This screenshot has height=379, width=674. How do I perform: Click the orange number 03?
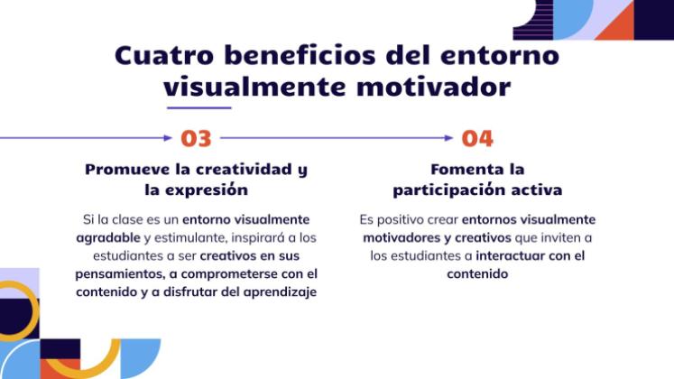(196, 138)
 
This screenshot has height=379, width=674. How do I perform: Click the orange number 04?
(477, 138)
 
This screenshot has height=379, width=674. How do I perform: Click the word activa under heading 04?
(532, 190)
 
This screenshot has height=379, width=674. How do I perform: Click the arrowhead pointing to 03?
(167, 138)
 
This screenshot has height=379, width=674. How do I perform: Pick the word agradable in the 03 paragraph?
(108, 237)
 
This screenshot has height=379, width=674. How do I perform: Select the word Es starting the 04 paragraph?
(365, 219)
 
